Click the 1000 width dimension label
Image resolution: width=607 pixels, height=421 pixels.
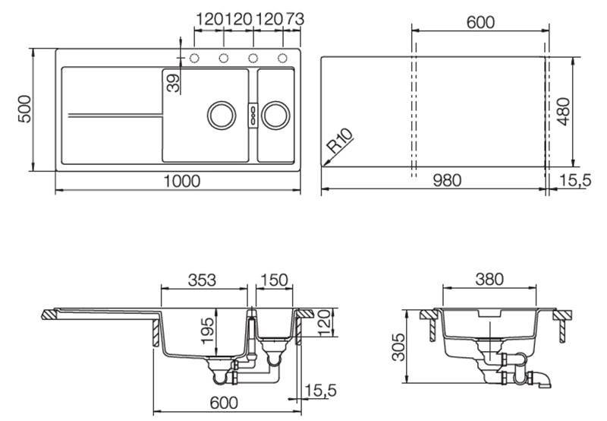coord(182,181)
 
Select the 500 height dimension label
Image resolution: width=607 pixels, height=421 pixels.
coord(25,109)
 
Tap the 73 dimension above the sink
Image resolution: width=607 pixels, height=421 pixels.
coord(295,19)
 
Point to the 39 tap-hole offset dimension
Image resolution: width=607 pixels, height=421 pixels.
coord(174,83)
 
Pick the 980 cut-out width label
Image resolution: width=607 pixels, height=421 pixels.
coord(447,180)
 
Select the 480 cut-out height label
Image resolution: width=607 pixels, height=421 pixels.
coord(564,112)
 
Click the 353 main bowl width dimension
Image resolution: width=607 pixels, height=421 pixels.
coord(202,280)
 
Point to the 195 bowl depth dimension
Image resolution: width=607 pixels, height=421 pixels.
coord(208,331)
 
